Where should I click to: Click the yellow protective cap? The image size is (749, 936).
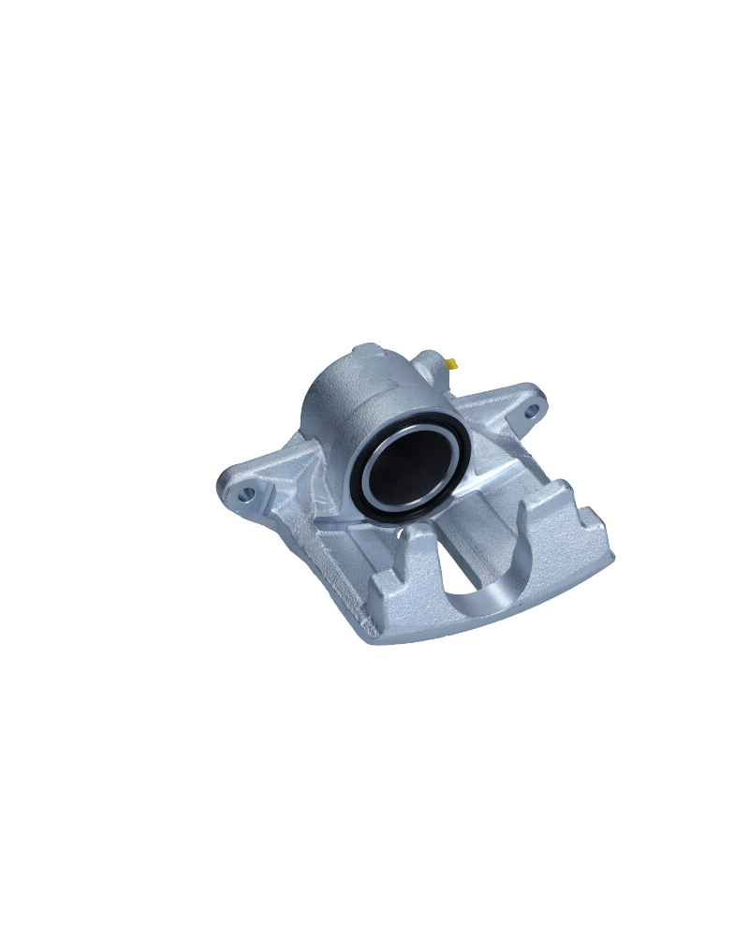[451, 363]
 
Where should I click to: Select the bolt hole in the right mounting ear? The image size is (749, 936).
[531, 409]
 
